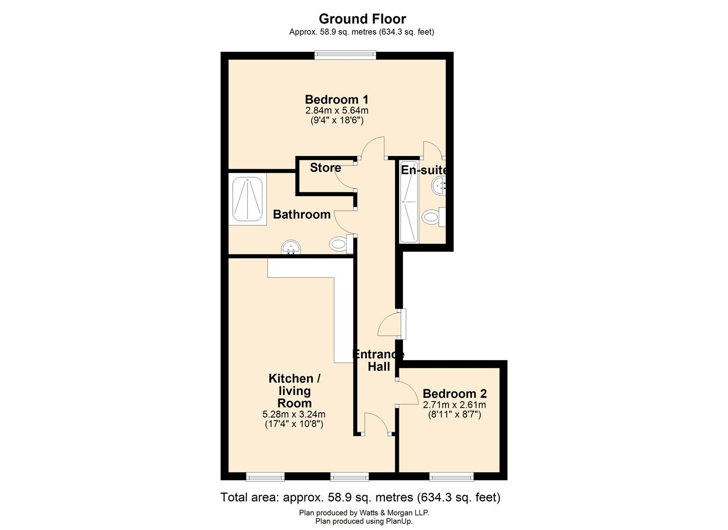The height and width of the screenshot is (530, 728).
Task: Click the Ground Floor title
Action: [x=362, y=19]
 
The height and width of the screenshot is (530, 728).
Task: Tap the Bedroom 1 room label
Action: [x=337, y=99]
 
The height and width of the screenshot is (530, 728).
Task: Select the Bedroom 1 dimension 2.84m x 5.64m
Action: [x=337, y=110]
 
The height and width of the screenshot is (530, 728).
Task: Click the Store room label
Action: [x=326, y=167]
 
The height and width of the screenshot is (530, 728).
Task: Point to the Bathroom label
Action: [x=301, y=214]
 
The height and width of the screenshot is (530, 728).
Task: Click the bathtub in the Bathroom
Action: [x=248, y=199]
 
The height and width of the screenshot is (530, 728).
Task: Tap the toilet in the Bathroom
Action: [x=341, y=243]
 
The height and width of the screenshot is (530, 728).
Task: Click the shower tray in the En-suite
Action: [x=409, y=202]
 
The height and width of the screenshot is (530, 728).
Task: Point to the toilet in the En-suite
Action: [x=434, y=217]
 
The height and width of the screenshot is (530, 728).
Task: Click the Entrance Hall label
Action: [x=378, y=361]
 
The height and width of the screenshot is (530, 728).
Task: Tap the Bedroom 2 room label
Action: [x=454, y=394]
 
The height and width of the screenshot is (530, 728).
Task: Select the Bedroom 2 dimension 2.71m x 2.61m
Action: [x=454, y=405]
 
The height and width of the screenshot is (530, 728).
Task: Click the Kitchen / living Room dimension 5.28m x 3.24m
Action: [x=294, y=415]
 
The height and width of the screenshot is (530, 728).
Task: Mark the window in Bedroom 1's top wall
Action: [x=345, y=55]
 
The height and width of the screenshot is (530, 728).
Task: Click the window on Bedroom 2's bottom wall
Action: [x=452, y=477]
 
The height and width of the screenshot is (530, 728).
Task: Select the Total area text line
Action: [x=360, y=497]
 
